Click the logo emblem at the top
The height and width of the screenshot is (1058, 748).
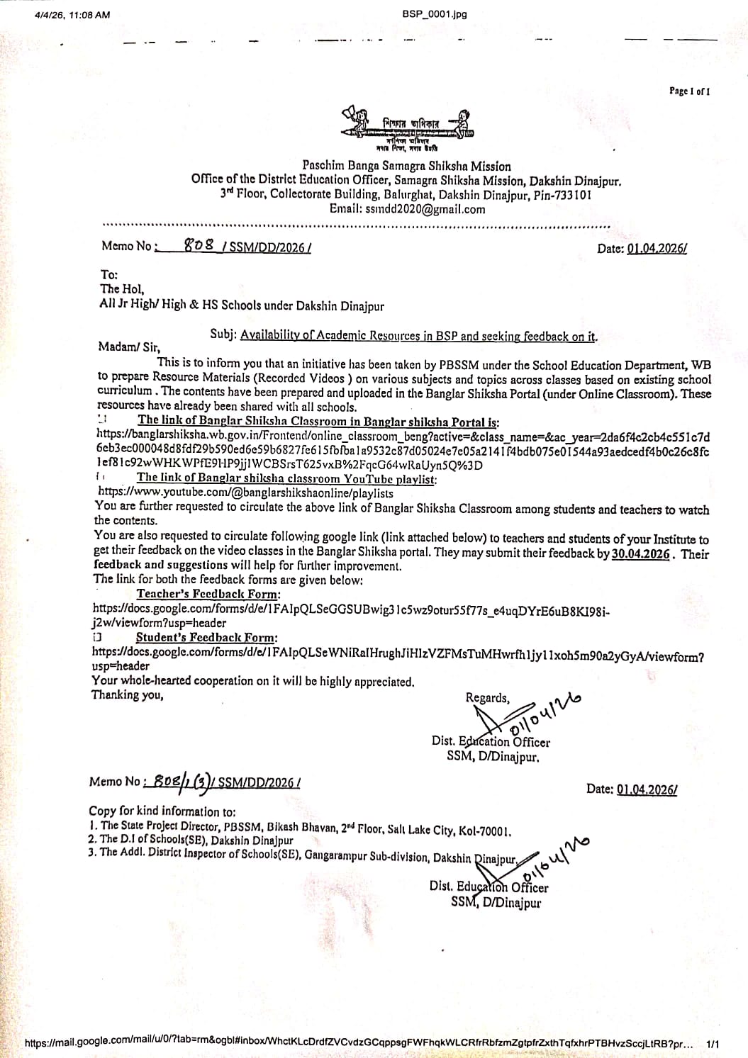click(406, 128)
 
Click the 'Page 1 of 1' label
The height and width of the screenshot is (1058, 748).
click(689, 91)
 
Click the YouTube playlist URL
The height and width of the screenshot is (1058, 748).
click(245, 493)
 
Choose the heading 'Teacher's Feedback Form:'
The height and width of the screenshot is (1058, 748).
click(208, 594)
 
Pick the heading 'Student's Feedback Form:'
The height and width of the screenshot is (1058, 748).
click(206, 638)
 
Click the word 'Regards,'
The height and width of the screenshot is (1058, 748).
click(487, 698)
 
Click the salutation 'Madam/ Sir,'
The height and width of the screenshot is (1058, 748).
click(130, 347)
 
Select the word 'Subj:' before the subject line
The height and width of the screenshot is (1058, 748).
click(223, 334)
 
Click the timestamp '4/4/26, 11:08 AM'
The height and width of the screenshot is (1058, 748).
click(72, 14)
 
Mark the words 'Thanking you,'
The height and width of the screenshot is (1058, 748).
click(128, 695)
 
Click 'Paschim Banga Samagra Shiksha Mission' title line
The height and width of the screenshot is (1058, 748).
click(406, 166)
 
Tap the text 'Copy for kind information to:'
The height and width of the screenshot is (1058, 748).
click(162, 811)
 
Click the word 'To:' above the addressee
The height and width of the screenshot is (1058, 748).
click(109, 275)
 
